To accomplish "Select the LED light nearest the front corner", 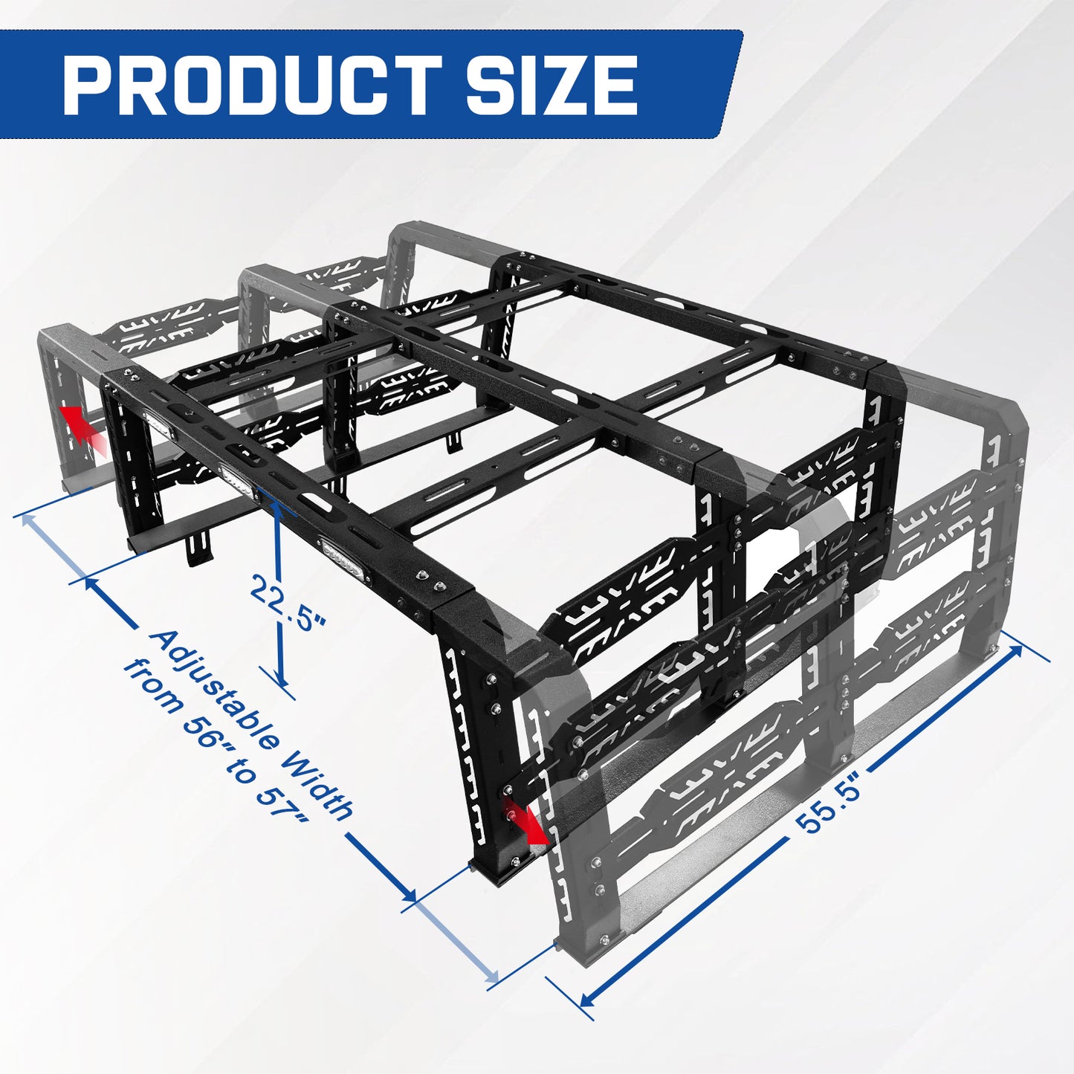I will pyautogui.click(x=344, y=558).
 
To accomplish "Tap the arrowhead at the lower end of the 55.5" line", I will pyautogui.click(x=586, y=997).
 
